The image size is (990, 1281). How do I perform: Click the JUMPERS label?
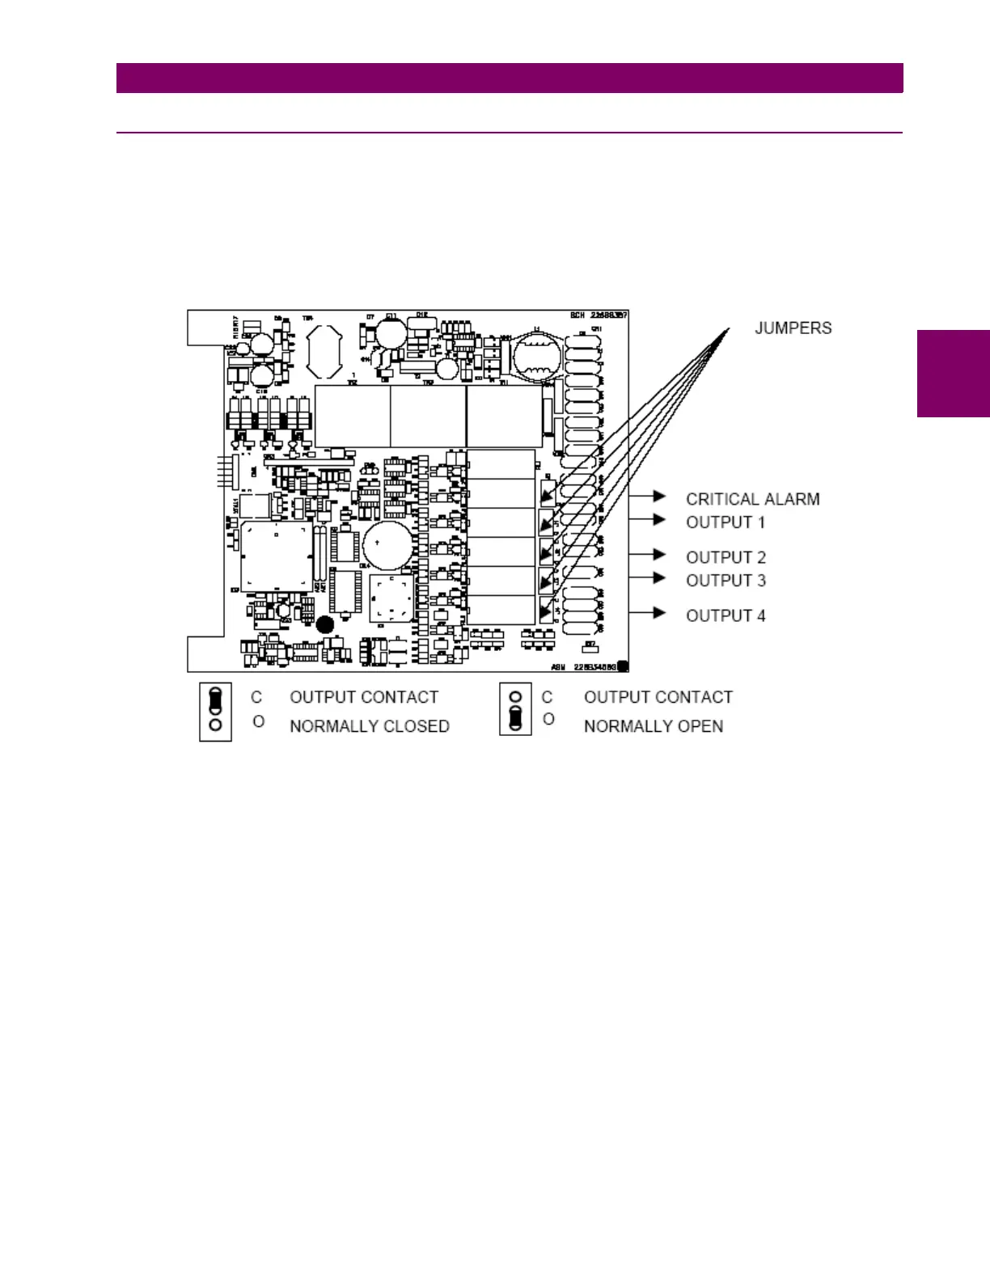[x=793, y=328]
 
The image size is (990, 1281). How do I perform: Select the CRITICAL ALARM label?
[x=752, y=499]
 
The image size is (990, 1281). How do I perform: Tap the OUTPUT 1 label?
[x=725, y=522]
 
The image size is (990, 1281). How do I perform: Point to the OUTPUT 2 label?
[x=726, y=557]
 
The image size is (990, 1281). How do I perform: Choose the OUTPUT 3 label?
[x=726, y=581]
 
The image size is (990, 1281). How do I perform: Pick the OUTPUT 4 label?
[x=726, y=615]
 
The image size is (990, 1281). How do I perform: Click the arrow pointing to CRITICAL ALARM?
[x=659, y=496]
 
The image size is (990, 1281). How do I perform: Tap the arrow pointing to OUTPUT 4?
[x=659, y=612]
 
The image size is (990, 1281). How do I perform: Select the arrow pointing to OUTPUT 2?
[x=659, y=554]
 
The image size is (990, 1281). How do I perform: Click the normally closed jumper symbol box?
[x=215, y=712]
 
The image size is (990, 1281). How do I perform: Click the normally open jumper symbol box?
[x=515, y=709]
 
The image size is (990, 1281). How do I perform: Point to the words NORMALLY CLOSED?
[x=369, y=726]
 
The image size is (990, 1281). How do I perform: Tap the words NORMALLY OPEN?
[x=653, y=726]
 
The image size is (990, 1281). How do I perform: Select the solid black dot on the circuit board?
[x=325, y=624]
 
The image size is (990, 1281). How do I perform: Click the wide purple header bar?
[x=510, y=78]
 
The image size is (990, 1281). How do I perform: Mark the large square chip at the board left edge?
[x=276, y=557]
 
